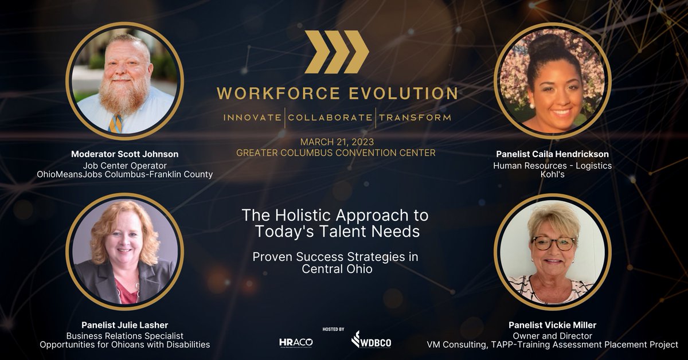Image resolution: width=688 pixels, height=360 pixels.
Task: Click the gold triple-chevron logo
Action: [337, 52]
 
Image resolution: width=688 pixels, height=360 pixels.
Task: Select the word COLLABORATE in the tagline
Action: [329, 118]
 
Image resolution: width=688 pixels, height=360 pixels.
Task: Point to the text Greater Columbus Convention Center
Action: [336, 153]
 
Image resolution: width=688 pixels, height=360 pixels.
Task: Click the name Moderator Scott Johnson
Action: [124, 154]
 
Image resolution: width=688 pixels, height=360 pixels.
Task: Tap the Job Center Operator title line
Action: [124, 165]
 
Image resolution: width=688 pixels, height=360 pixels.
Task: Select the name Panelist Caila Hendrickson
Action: [552, 154]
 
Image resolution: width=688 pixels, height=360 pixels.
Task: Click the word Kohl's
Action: [552, 174]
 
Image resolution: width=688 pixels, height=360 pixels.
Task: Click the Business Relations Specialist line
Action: [124, 335]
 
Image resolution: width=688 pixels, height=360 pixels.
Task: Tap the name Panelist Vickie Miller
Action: [552, 326]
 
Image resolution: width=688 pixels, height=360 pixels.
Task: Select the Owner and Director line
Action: [552, 335]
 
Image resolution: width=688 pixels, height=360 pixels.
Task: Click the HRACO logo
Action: [296, 342]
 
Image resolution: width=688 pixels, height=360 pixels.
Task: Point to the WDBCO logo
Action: [371, 340]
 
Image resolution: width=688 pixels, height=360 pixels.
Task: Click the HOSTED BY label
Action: [333, 330]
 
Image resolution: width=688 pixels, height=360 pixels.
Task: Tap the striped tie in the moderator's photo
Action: [116, 123]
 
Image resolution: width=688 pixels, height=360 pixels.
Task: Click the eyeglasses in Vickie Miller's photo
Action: [553, 243]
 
